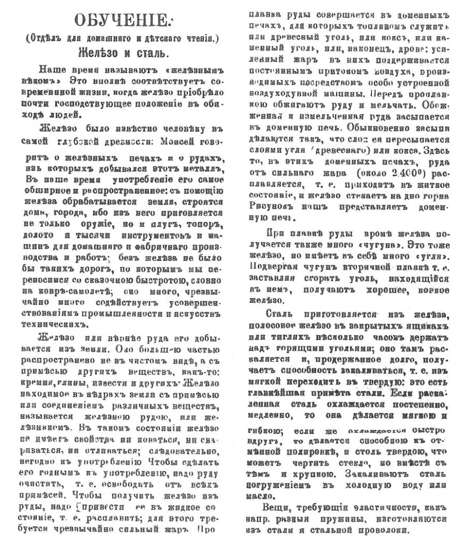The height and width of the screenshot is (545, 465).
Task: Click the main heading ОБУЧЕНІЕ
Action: point(121,21)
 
